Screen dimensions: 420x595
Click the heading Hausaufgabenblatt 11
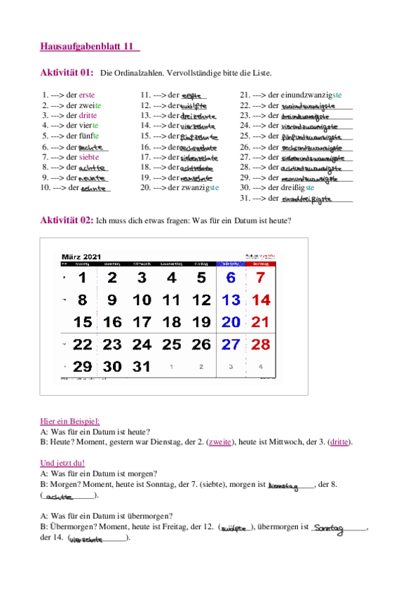pos(90,47)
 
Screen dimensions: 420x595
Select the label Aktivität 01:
pos(67,72)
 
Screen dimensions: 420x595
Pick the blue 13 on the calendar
pos(231,300)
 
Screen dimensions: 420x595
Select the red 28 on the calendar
pos(260,345)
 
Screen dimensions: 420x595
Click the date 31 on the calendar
pos(142,367)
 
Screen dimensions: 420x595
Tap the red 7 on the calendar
pos(260,277)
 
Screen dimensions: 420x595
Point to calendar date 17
pos(142,322)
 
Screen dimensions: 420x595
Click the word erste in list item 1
pos(88,94)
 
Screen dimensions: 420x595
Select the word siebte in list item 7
pos(89,157)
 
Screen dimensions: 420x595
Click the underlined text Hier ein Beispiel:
pos(70,421)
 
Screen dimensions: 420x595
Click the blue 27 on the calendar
pos(231,345)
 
